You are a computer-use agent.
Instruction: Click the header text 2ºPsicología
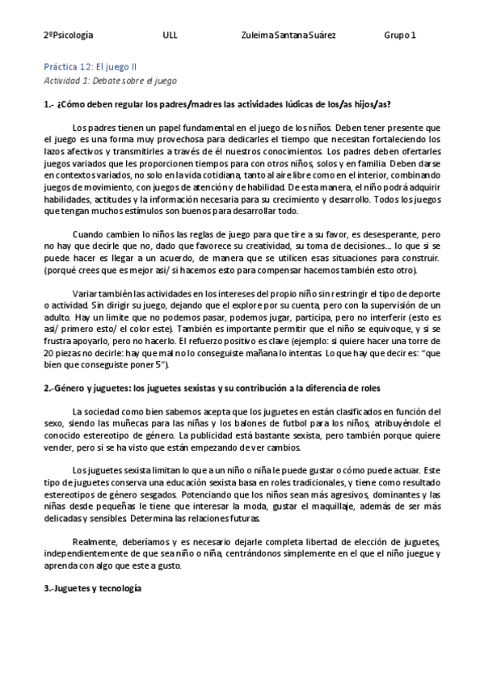(68, 36)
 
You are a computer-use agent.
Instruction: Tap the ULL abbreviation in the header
(170, 36)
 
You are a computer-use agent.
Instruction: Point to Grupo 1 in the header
(401, 36)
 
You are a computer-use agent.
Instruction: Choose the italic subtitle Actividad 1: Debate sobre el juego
(109, 81)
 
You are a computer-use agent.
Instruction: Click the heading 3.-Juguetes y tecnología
(92, 589)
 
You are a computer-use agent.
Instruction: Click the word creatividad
(255, 246)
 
